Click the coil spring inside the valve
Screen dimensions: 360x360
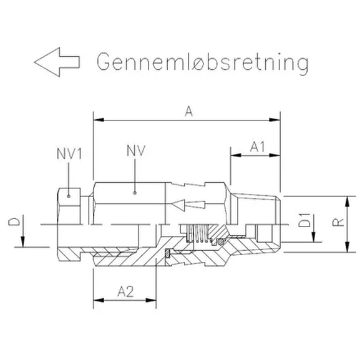(198, 233)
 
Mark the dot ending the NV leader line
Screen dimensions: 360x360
(135, 193)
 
